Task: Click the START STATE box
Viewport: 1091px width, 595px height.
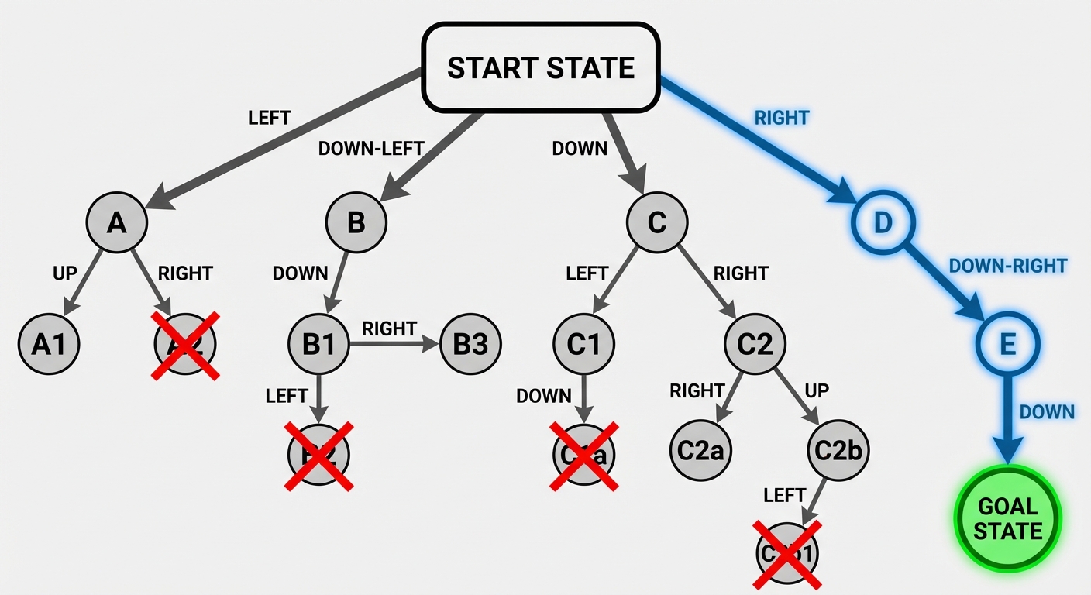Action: click(541, 67)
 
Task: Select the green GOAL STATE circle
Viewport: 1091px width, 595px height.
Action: click(1007, 518)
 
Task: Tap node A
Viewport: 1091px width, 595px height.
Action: click(116, 222)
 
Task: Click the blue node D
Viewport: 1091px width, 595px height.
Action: click(883, 222)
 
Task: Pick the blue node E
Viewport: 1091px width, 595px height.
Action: click(1007, 345)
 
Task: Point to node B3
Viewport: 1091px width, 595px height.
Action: click(470, 344)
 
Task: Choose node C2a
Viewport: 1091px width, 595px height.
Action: click(700, 449)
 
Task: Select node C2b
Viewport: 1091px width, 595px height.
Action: click(838, 449)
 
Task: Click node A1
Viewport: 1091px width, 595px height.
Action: click(49, 345)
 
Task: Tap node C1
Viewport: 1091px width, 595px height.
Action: click(583, 344)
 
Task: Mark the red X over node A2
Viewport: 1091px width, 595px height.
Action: click(184, 345)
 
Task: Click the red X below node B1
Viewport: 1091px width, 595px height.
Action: click(319, 456)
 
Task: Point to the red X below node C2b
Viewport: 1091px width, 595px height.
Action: click(787, 553)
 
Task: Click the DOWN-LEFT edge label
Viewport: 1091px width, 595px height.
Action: click(371, 148)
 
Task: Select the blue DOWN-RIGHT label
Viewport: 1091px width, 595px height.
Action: click(1007, 266)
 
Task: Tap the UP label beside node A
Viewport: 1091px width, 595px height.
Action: click(64, 273)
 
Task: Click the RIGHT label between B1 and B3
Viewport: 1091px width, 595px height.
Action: click(389, 328)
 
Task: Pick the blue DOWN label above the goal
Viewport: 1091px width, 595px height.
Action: click(1047, 411)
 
